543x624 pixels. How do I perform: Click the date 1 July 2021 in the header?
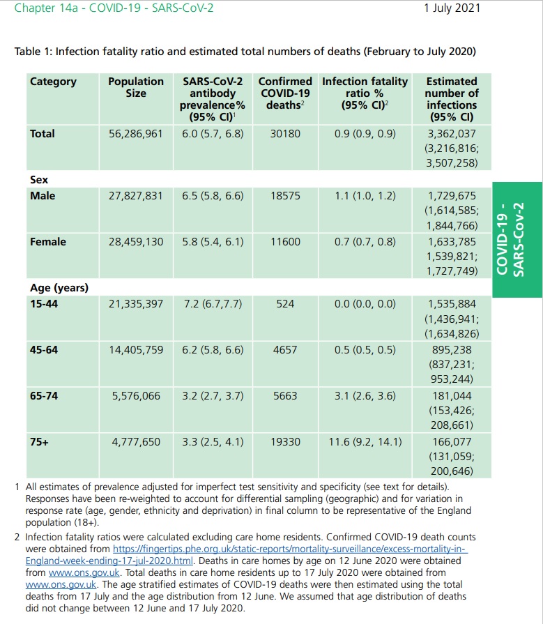pos(452,8)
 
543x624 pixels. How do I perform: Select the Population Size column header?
pos(135,87)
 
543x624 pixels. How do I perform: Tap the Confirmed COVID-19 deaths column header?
pos(285,93)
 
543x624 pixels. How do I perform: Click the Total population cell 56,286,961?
pos(135,133)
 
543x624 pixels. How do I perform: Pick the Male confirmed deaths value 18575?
pos(285,196)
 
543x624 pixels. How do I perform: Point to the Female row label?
pos(48,242)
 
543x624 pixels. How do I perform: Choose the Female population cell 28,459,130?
pos(135,242)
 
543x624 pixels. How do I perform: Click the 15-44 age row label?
pos(44,304)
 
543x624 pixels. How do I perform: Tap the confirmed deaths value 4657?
pos(285,350)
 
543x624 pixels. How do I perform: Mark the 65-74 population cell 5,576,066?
pos(135,396)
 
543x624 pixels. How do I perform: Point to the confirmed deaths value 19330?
pos(285,442)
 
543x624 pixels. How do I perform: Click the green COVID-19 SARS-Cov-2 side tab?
pos(517,240)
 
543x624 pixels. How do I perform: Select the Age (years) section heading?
pos(59,287)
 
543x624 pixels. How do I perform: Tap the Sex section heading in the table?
pos(39,179)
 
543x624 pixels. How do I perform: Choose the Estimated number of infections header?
pos(451,99)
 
